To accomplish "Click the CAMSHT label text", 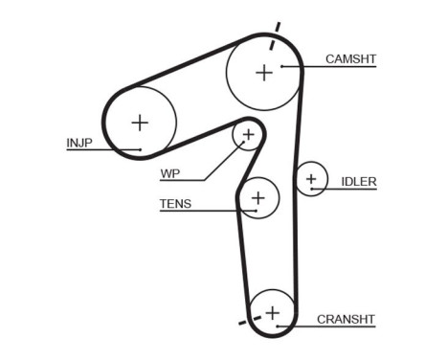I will coord(350,59).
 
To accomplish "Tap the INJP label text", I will coord(78,144).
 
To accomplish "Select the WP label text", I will coord(170,174).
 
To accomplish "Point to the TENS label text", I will coord(174,203).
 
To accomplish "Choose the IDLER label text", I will coord(359,181).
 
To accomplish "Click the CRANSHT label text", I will coord(346,319).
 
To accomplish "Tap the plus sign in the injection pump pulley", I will coord(141,123).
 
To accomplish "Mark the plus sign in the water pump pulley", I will coord(248,135).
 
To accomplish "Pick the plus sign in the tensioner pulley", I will coord(257,198).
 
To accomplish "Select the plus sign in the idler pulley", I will coord(311,179).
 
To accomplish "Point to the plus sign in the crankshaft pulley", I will coord(274,312).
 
